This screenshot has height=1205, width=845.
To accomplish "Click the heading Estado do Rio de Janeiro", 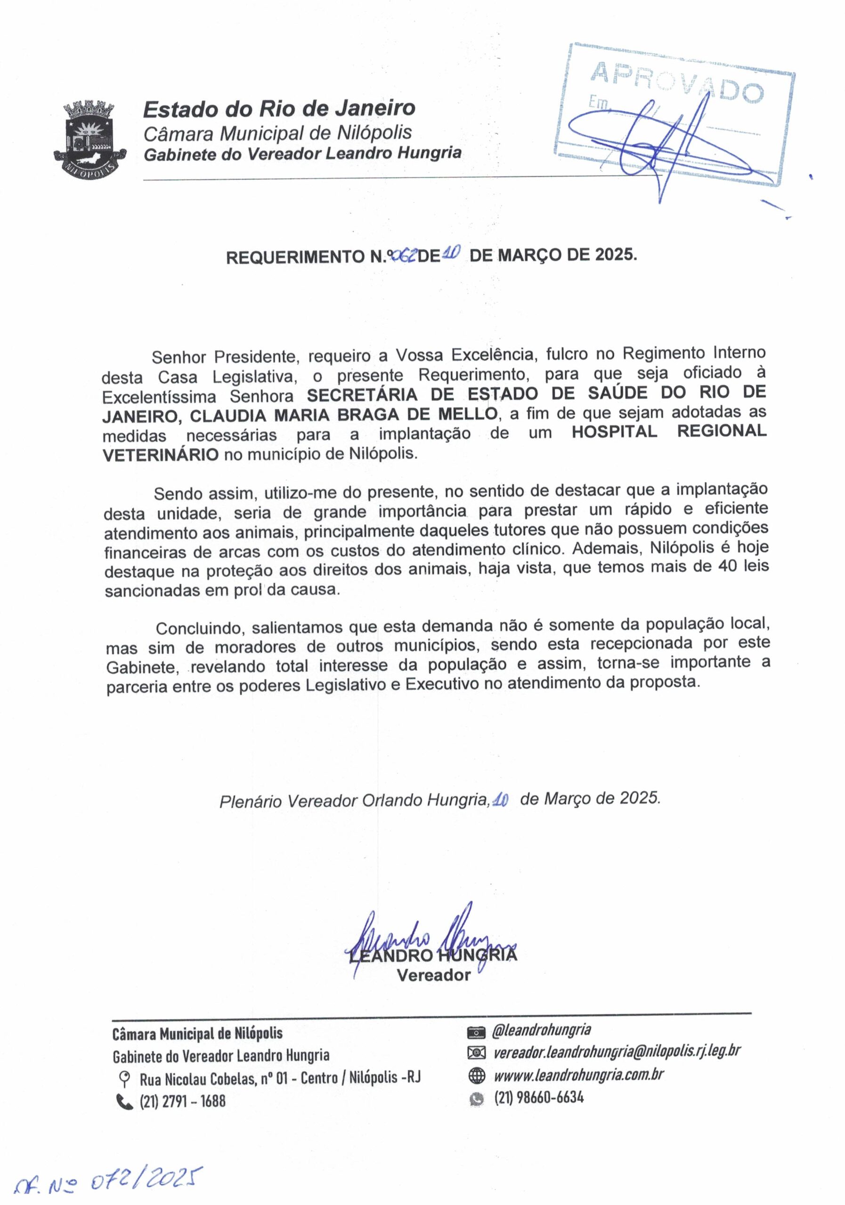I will pyautogui.click(x=279, y=109).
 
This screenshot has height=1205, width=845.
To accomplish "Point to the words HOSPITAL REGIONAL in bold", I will pyautogui.click(x=668, y=432).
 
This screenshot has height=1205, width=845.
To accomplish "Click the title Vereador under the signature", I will pyautogui.click(x=434, y=975).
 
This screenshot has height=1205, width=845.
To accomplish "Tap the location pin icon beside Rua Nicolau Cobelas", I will pyautogui.click(x=124, y=1079).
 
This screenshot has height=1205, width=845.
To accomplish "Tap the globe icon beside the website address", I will pyautogui.click(x=476, y=1076).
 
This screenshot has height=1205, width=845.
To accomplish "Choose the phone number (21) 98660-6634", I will pyautogui.click(x=539, y=1098).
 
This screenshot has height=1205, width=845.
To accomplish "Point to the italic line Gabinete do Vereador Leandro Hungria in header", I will pyautogui.click(x=303, y=154).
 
